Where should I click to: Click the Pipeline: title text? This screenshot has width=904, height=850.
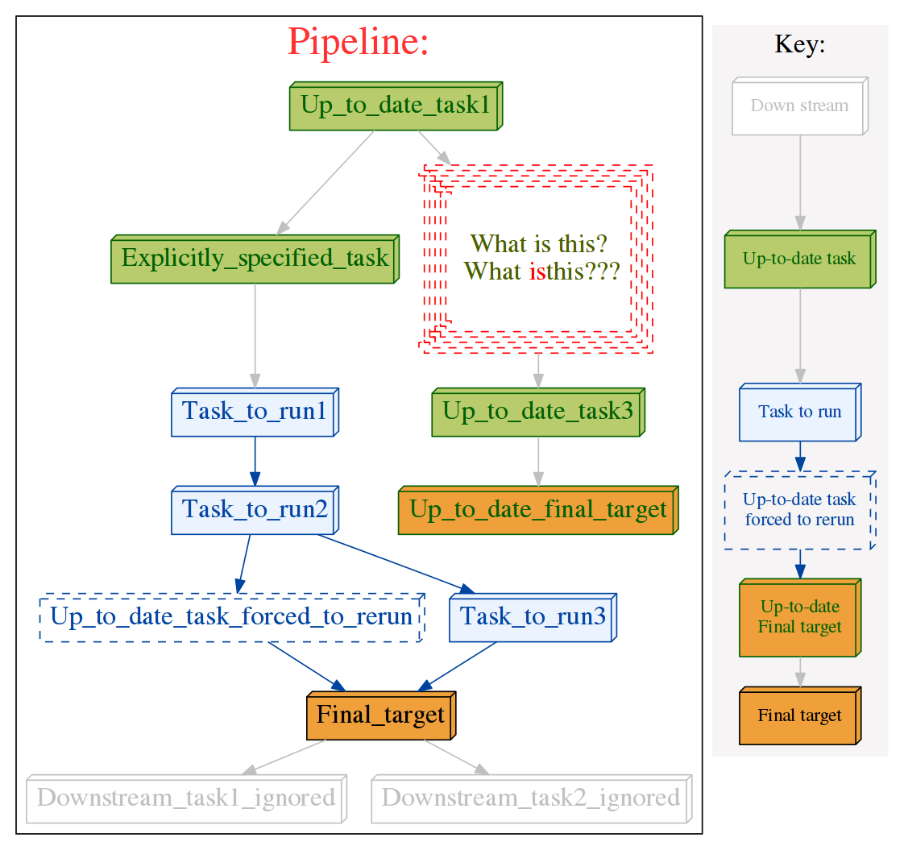pyautogui.click(x=358, y=42)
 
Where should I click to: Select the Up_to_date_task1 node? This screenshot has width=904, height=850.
pyautogui.click(x=395, y=106)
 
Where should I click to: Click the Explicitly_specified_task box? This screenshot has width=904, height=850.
pyautogui.click(x=255, y=259)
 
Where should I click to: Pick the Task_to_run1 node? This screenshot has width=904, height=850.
pyautogui.click(x=255, y=412)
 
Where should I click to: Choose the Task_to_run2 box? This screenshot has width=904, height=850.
pyautogui.click(x=255, y=510)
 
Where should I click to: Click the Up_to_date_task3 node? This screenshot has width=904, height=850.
pyautogui.click(x=538, y=413)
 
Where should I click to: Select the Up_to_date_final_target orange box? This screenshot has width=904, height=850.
pyautogui.click(x=538, y=510)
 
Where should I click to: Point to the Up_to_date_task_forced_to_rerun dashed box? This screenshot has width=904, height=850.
pyautogui.click(x=231, y=618)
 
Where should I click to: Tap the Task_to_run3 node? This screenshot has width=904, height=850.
pyautogui.click(x=532, y=618)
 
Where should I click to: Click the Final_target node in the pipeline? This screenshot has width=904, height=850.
pyautogui.click(x=380, y=715)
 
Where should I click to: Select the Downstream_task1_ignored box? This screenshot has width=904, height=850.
pyautogui.click(x=186, y=798)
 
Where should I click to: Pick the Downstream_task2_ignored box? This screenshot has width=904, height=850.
pyautogui.click(x=531, y=798)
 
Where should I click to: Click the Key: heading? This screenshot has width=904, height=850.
pyautogui.click(x=799, y=44)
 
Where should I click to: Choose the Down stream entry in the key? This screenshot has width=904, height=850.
pyautogui.click(x=799, y=106)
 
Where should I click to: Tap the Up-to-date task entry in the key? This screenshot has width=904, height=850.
pyautogui.click(x=799, y=259)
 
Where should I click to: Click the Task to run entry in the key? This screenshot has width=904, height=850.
pyautogui.click(x=799, y=413)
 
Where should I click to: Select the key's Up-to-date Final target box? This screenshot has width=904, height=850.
pyautogui.click(x=799, y=617)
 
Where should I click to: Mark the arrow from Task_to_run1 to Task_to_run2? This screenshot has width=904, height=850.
pyautogui.click(x=255, y=461)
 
